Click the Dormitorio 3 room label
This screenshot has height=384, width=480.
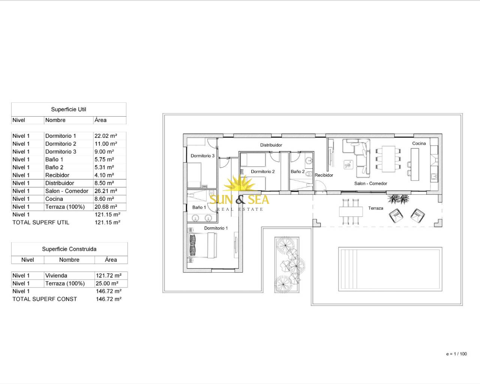[x=202, y=156]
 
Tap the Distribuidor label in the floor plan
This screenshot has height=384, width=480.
[x=271, y=145]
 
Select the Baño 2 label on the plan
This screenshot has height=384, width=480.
[x=297, y=171]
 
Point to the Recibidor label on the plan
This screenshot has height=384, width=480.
[x=324, y=175]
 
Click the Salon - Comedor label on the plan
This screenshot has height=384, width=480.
[x=370, y=183]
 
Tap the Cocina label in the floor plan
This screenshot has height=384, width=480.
[x=419, y=144]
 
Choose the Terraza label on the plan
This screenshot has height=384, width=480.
[x=376, y=208]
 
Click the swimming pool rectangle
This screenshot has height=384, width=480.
[x=390, y=269]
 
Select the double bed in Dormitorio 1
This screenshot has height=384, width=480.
[x=202, y=245]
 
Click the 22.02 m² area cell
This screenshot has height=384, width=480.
[x=106, y=136]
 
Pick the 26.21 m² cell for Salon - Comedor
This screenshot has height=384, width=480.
[x=106, y=191]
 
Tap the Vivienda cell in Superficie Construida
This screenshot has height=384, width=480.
[x=56, y=276]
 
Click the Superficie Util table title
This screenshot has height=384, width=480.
[x=69, y=109]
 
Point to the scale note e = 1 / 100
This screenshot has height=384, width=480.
[x=456, y=354]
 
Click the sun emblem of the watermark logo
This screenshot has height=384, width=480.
[x=239, y=183]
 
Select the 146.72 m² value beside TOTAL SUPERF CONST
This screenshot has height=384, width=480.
[x=109, y=299]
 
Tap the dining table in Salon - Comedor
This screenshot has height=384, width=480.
[x=388, y=159]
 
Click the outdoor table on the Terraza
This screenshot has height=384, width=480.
[x=351, y=212]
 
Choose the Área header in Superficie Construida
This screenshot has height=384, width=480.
[x=111, y=260]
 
